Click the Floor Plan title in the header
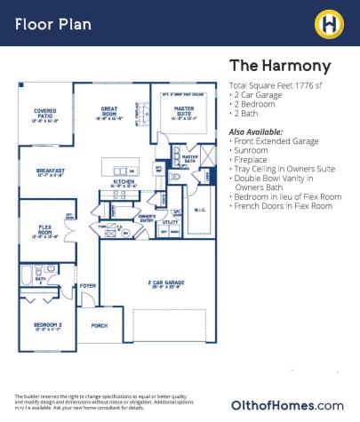(x=53, y=22)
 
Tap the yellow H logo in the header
(x=331, y=21)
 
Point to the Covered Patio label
(x=44, y=115)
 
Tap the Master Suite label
(x=184, y=113)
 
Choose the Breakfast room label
(x=50, y=172)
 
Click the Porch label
(x=100, y=326)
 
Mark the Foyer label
(x=87, y=286)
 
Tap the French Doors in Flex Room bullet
(x=284, y=206)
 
